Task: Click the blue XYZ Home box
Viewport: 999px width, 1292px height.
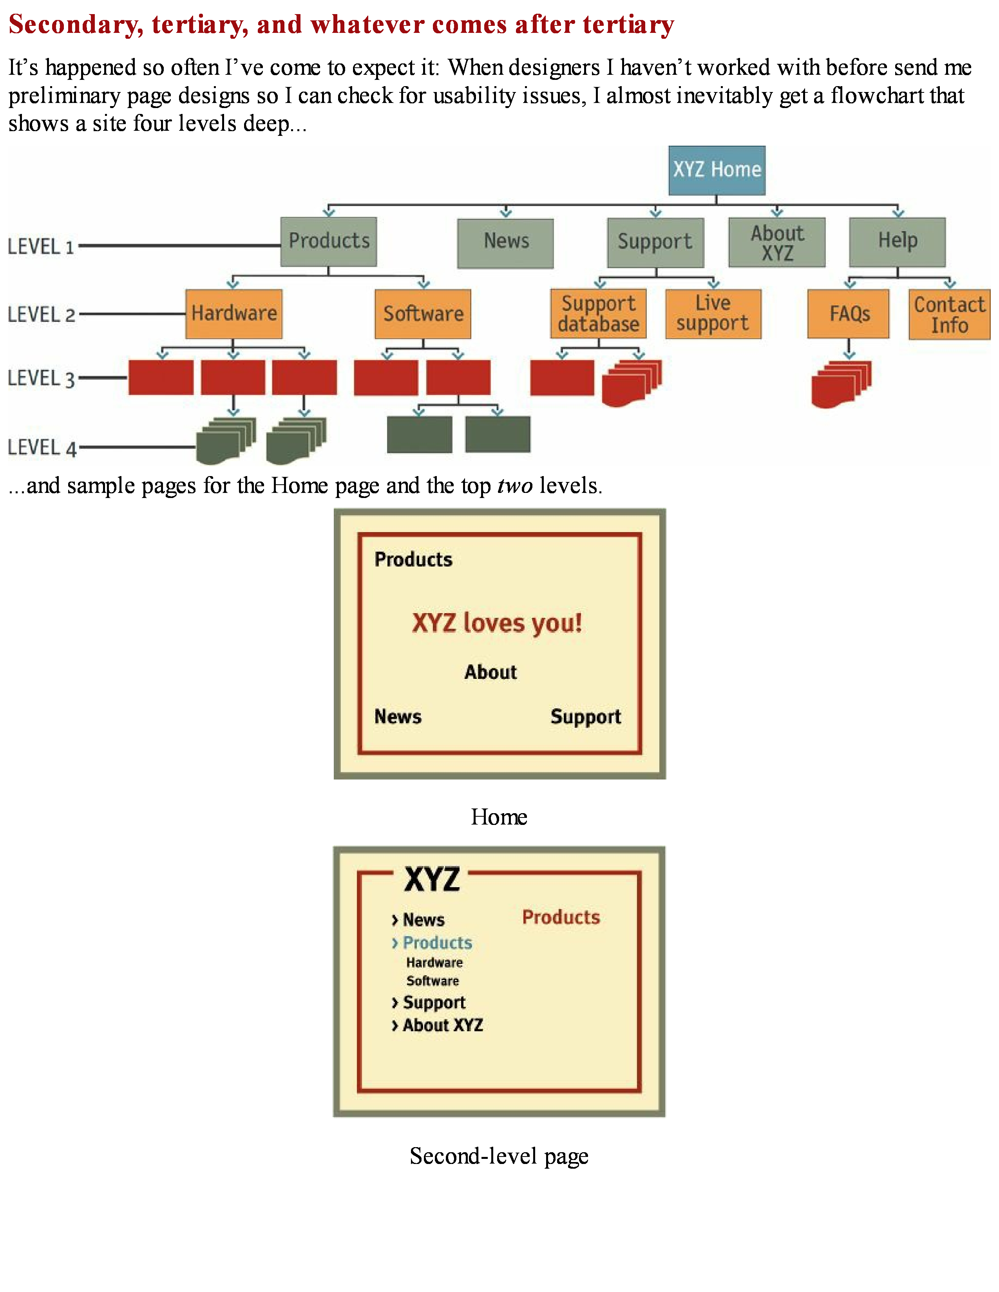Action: [717, 170]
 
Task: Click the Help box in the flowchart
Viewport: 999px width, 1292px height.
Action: [897, 241]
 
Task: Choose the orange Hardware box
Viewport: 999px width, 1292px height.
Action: [234, 314]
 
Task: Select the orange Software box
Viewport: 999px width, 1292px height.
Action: [423, 314]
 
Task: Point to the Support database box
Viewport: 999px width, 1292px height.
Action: [598, 314]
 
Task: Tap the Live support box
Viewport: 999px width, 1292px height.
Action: [713, 314]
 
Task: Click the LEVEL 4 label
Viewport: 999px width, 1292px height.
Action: [42, 448]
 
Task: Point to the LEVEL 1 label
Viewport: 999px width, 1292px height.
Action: [41, 247]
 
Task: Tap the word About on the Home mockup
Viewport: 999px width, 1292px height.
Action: [490, 672]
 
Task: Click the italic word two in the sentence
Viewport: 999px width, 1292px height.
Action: [514, 486]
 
